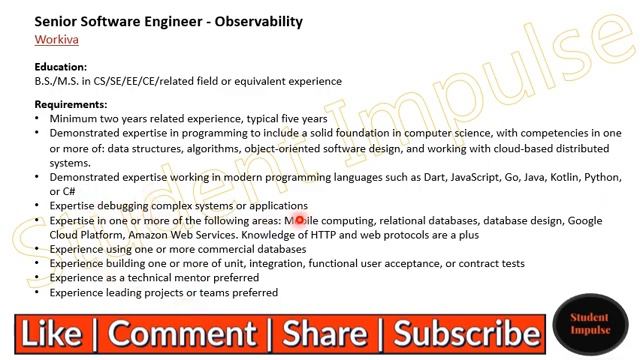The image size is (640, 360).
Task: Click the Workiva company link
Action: point(56,40)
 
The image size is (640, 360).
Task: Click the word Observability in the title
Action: point(254,21)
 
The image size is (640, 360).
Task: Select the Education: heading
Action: point(60,67)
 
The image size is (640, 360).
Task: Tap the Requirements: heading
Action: point(70,104)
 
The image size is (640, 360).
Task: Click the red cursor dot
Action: point(298,220)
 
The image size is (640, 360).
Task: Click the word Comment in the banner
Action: point(189,333)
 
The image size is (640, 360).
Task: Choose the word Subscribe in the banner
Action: point(467,333)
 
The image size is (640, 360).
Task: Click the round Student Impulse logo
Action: point(589,324)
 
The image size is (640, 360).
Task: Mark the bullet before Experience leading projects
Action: point(38,293)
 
